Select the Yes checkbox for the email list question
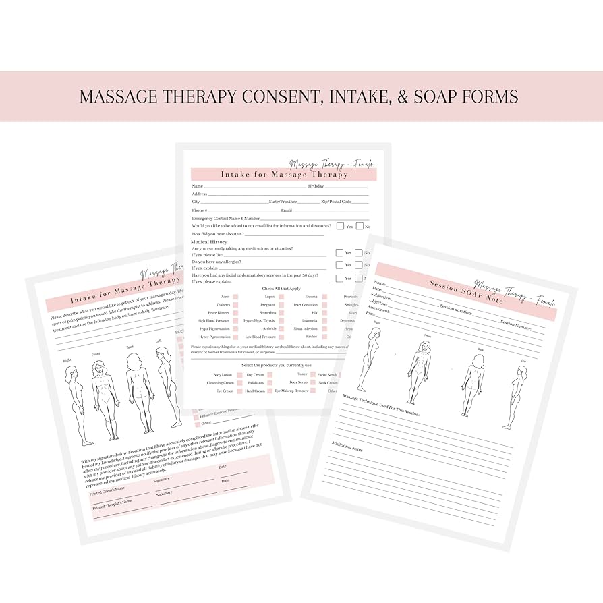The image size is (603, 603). click(x=341, y=227)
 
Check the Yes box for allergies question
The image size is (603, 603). click(x=340, y=265)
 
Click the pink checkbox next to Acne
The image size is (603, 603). click(x=235, y=297)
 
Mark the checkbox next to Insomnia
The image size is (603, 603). click(x=324, y=321)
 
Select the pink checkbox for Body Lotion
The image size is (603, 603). click(x=235, y=374)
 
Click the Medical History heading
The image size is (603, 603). click(x=209, y=241)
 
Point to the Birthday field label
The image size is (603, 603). click(x=316, y=185)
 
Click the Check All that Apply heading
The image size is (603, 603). click(x=282, y=288)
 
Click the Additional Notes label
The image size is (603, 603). click(x=348, y=446)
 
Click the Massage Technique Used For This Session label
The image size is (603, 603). click(x=381, y=404)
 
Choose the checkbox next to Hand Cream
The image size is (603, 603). click(x=270, y=391)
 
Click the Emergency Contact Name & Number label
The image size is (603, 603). click(x=226, y=218)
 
